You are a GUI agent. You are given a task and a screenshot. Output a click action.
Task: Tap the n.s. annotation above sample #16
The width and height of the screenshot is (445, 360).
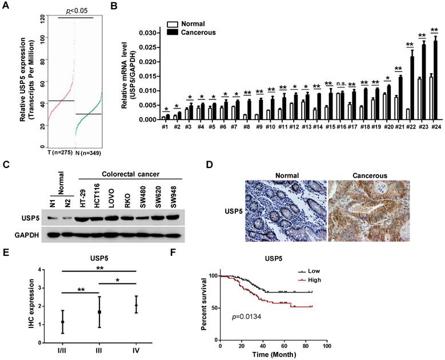[x=340, y=85]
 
